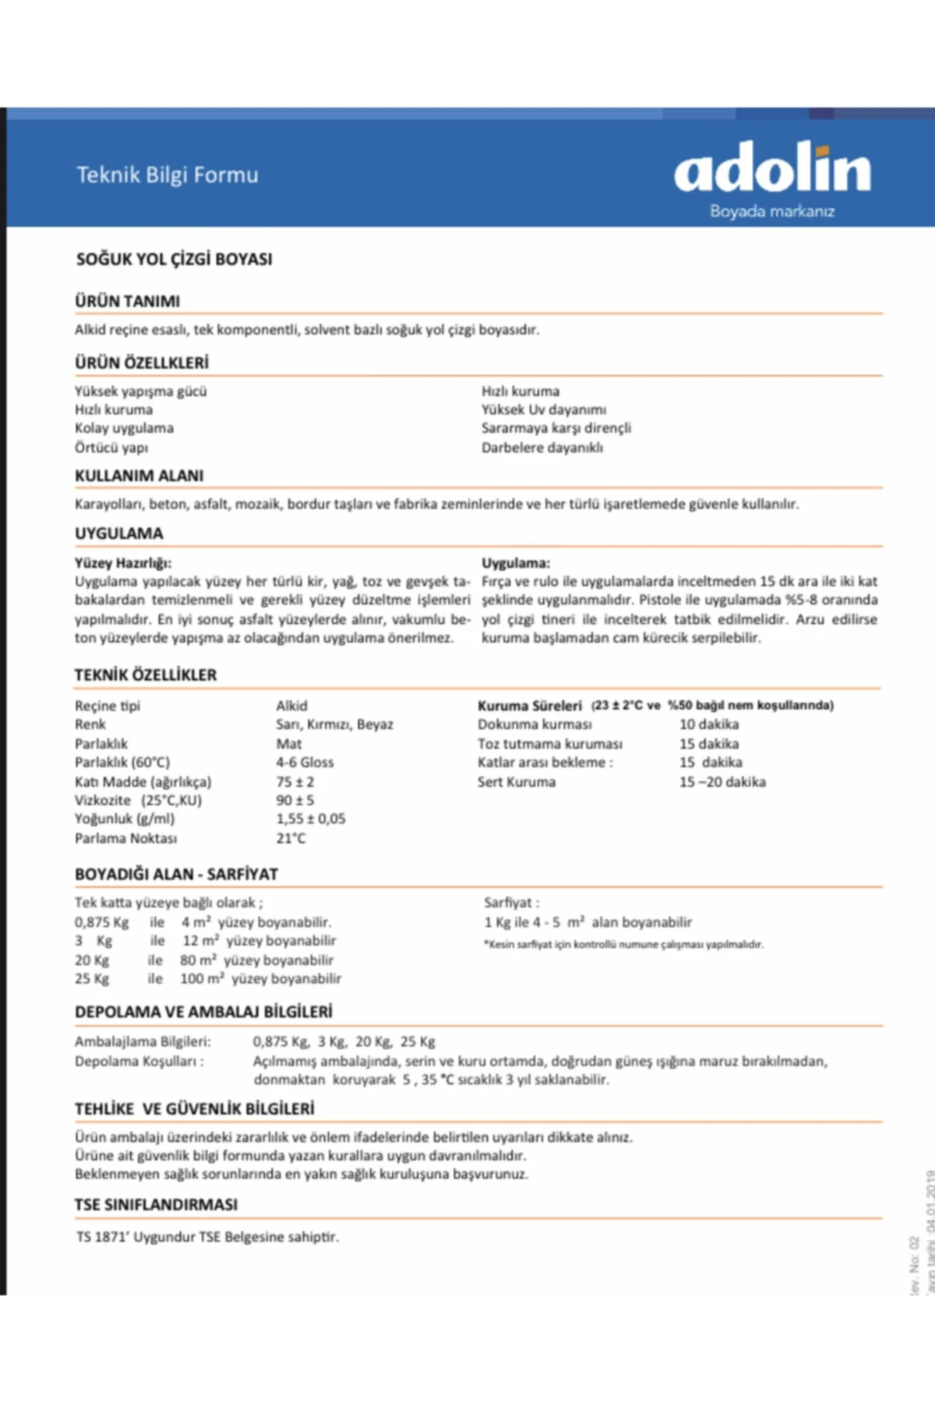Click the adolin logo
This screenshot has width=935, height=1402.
tap(772, 168)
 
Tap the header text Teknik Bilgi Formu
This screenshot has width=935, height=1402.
tap(167, 175)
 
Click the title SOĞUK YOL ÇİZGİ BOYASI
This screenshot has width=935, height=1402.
tap(174, 259)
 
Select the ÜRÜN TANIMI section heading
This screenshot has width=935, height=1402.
tap(127, 301)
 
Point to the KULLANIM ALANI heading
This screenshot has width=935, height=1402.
tap(139, 476)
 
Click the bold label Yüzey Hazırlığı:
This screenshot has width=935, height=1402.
tap(123, 563)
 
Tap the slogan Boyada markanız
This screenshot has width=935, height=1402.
tap(771, 211)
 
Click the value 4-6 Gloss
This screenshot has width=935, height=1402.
tap(305, 763)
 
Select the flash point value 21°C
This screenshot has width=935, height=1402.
tap(291, 839)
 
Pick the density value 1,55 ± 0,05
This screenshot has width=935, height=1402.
tap(310, 819)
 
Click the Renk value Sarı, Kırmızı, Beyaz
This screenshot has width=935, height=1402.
tap(334, 724)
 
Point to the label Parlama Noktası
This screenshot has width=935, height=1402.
tap(125, 839)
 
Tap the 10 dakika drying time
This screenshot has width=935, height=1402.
tap(708, 724)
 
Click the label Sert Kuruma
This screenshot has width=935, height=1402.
tap(516, 782)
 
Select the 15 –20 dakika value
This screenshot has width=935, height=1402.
tap(722, 782)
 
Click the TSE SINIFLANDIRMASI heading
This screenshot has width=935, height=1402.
tap(156, 1205)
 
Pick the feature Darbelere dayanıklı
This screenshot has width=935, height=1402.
tap(542, 448)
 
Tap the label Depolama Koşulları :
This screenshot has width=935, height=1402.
tap(139, 1062)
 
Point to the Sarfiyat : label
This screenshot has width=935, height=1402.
tap(511, 904)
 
